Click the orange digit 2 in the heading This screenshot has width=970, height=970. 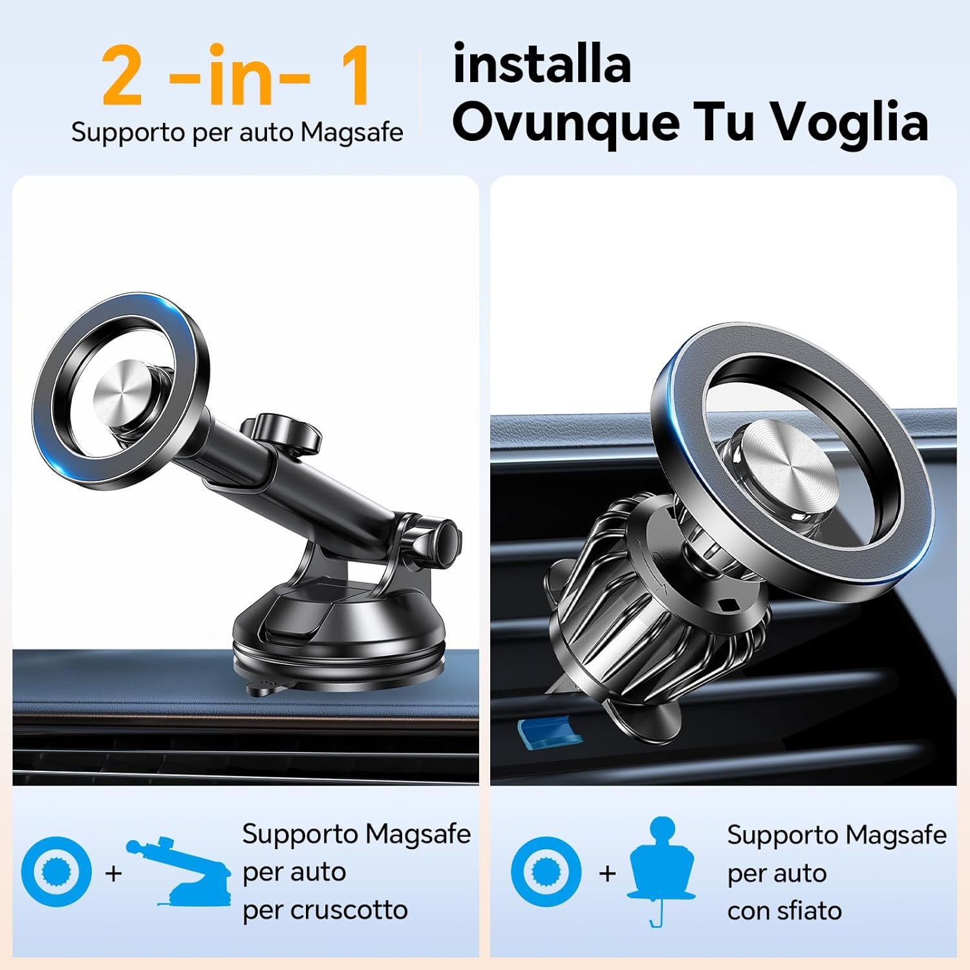click(122, 76)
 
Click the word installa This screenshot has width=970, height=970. click(542, 65)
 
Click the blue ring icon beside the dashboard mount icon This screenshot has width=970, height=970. click(56, 872)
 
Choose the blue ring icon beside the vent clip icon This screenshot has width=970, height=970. click(546, 872)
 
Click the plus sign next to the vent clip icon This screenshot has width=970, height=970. click(607, 873)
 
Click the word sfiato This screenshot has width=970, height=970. click(809, 911)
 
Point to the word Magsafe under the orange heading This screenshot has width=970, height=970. click(352, 133)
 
